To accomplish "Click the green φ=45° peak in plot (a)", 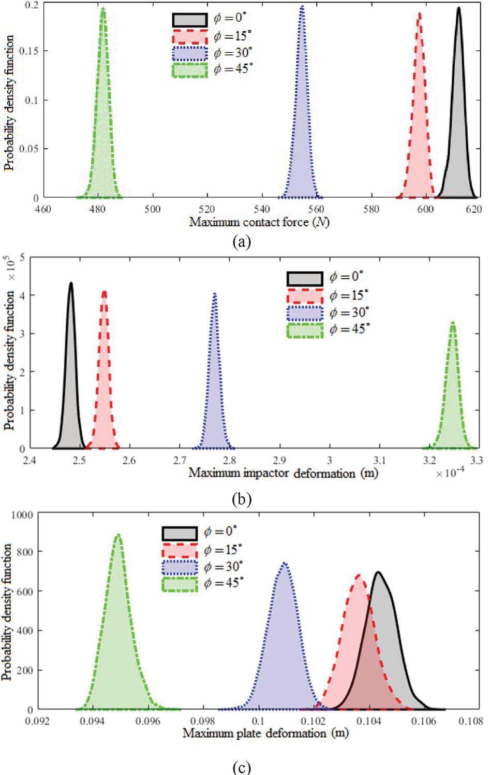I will pos(103,9).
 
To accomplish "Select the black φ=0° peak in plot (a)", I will pos(458,8).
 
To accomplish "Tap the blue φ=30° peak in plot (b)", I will pos(215,294).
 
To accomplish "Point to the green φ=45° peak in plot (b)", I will pos(453,323).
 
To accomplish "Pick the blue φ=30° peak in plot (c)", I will pos(284,563).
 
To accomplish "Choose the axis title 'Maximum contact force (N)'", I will pos(259,223).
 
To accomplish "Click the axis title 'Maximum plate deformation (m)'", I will pos(265,734).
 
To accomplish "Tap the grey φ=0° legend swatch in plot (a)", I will pos(190,20).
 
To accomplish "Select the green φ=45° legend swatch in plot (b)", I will pos(304,330).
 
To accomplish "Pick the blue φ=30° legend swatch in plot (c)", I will pos(180,568).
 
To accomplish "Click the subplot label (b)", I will pos(242,499).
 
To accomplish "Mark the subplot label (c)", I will pos(241,767).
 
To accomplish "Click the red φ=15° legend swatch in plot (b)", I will pos(304,296).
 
